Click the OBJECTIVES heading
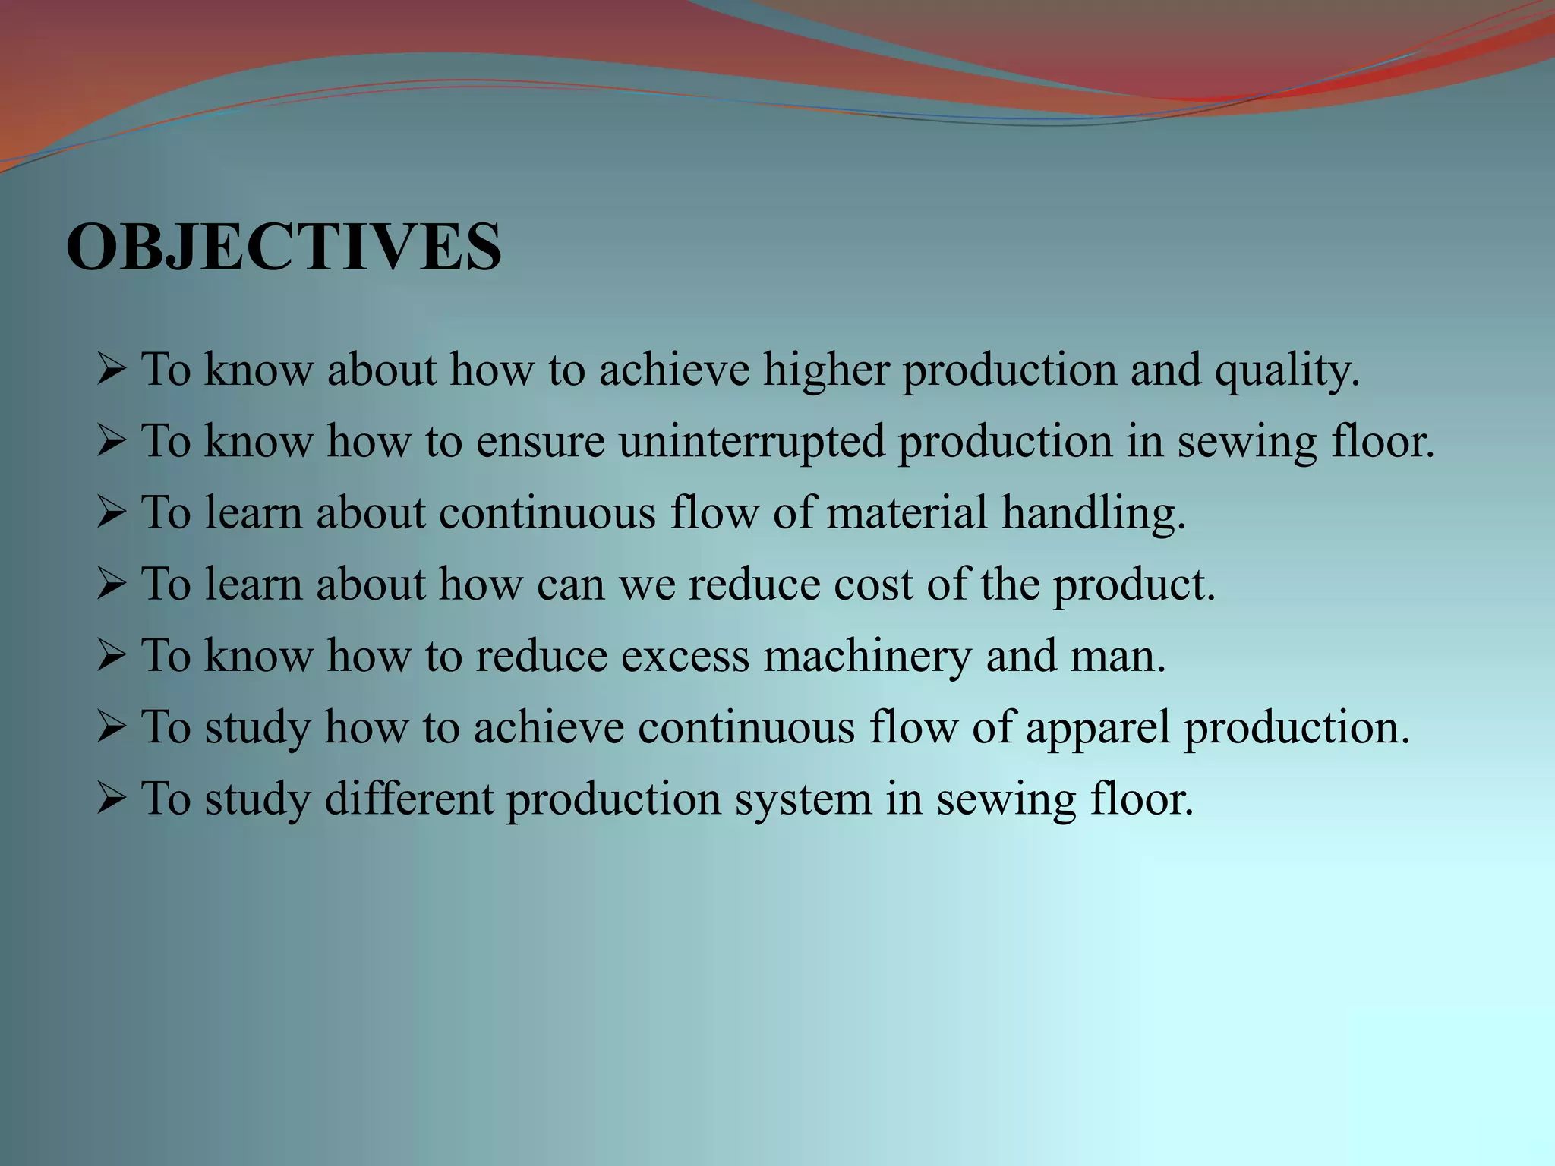point(284,247)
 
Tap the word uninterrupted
point(752,442)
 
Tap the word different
point(409,799)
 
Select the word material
point(907,513)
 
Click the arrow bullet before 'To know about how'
point(111,370)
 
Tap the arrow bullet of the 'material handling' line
point(111,513)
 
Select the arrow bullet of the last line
point(111,799)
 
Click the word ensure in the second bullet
point(540,442)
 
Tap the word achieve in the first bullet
point(674,370)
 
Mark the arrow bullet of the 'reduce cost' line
point(111,585)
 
